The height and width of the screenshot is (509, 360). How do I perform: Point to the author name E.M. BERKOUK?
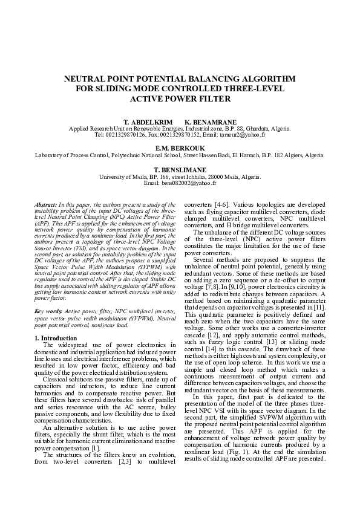[x=180, y=149]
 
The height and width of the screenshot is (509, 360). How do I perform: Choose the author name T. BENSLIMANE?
[x=180, y=170]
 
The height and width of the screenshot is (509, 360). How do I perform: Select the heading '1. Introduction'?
[x=56, y=338]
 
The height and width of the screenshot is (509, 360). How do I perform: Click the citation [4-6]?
[x=220, y=206]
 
